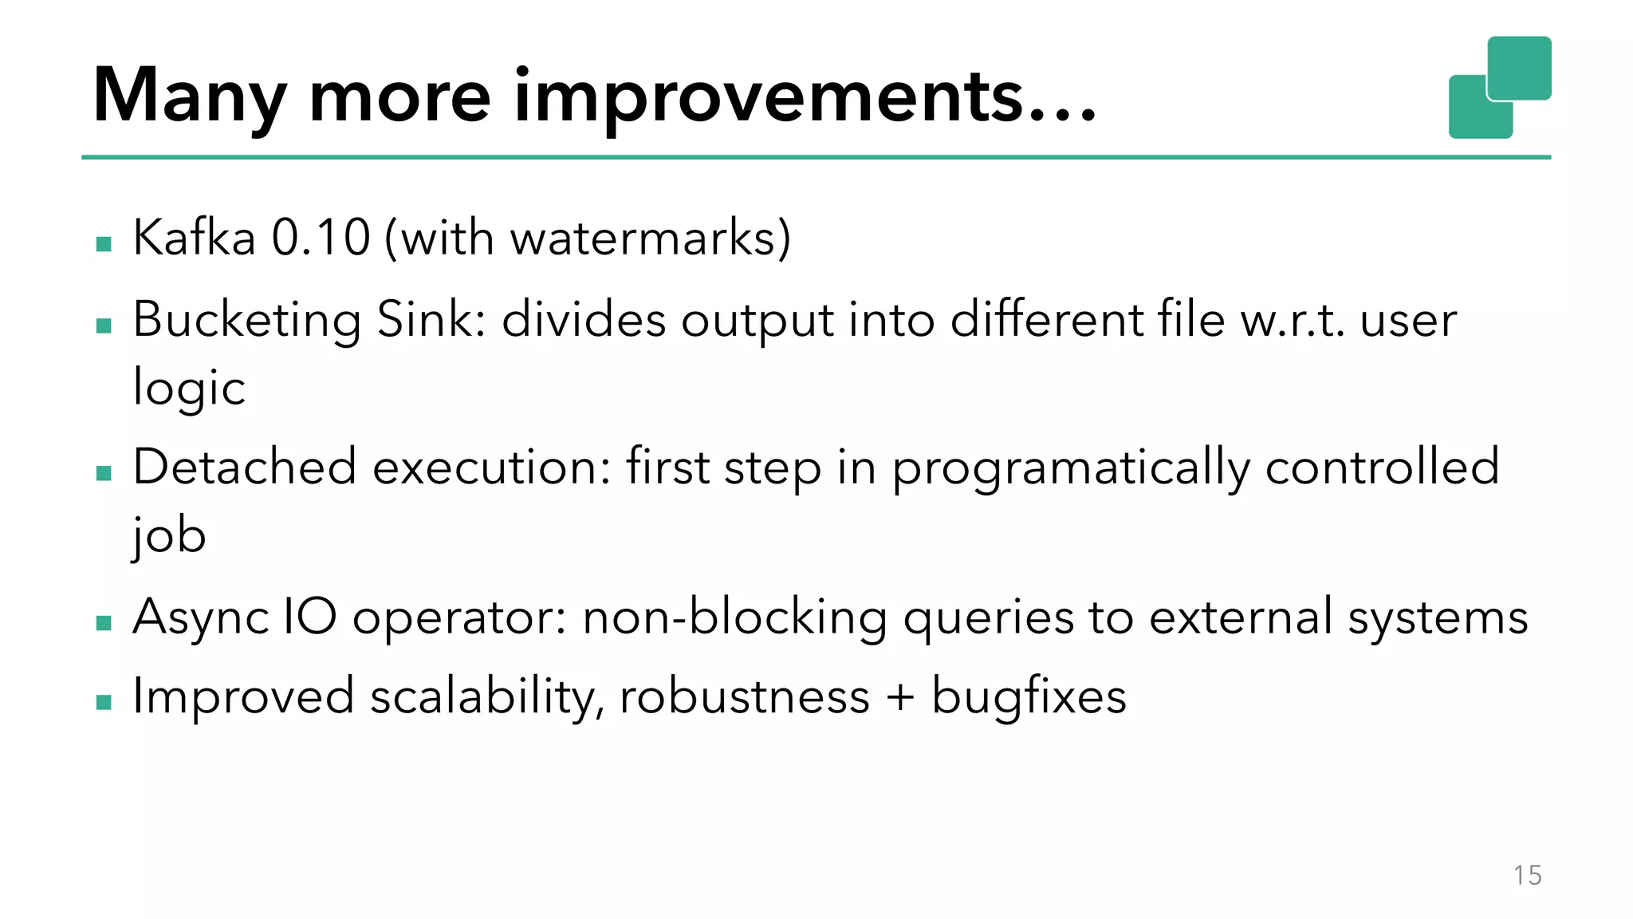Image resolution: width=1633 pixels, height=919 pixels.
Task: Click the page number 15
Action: tap(1527, 875)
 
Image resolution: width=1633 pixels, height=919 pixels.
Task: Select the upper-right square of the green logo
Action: tap(1519, 67)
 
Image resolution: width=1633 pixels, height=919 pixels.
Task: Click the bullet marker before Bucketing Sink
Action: tap(104, 325)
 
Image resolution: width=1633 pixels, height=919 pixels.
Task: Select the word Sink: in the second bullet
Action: tap(431, 319)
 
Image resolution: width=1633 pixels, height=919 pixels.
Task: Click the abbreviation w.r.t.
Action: tap(1293, 319)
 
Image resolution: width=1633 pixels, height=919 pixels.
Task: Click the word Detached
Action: tap(244, 467)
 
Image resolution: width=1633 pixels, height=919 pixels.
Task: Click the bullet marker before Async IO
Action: tap(104, 623)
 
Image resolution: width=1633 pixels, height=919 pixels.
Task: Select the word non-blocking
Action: tap(734, 617)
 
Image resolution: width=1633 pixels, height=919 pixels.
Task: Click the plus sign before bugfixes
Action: tap(900, 696)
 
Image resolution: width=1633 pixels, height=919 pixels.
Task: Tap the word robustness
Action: tap(744, 696)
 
